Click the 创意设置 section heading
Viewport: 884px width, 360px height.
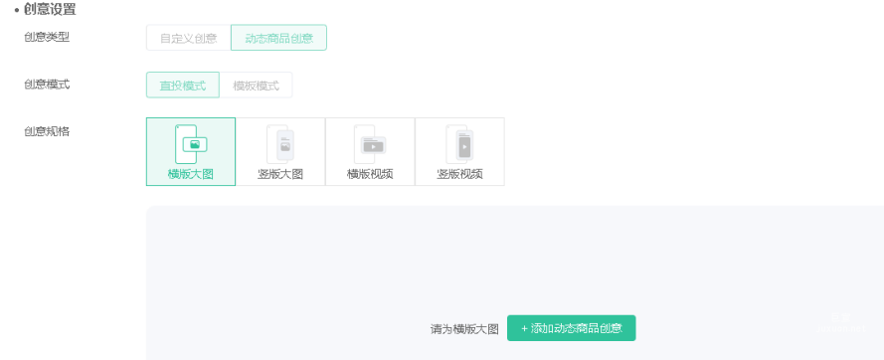tap(50, 10)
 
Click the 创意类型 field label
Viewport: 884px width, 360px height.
tap(47, 38)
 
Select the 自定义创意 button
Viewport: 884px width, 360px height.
tap(188, 38)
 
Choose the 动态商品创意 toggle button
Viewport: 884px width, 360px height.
tap(278, 38)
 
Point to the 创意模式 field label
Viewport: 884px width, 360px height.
tap(47, 85)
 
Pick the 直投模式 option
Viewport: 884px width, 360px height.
tap(182, 86)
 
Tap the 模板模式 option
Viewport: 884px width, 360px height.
tap(256, 86)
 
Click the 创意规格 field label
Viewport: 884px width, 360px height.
tap(47, 131)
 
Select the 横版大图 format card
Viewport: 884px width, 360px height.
tap(191, 151)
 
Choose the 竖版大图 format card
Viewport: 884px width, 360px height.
tap(280, 151)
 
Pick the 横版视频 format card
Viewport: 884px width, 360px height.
tap(370, 151)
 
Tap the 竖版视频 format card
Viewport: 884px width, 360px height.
tap(459, 151)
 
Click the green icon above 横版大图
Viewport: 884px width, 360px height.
tap(191, 144)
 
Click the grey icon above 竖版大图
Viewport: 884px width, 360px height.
tap(280, 144)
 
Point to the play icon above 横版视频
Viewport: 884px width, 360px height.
tap(372, 145)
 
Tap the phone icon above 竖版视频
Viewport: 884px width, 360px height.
tap(459, 144)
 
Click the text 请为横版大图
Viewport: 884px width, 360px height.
tap(464, 329)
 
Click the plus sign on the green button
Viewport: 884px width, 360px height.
tap(525, 328)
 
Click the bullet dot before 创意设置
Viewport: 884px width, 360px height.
tap(17, 10)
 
